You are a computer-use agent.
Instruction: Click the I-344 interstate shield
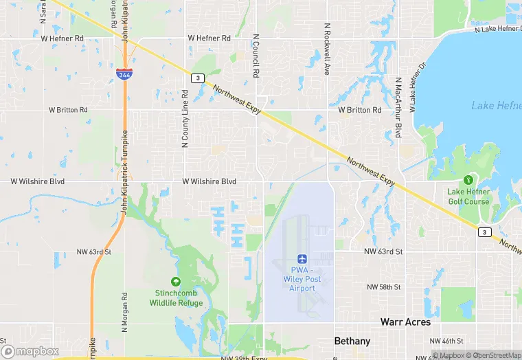coord(124,74)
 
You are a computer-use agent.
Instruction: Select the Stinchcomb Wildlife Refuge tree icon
coord(176,281)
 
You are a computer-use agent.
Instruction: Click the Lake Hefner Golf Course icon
coord(469,179)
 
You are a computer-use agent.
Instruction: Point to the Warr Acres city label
coord(406,322)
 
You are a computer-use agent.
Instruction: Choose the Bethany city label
coord(352,341)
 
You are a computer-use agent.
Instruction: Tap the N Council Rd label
coord(256,56)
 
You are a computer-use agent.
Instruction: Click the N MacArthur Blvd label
coord(398,106)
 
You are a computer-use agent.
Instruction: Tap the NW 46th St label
coord(447,341)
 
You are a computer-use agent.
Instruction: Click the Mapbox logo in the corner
coord(30,351)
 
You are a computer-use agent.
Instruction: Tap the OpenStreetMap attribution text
coord(493,355)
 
